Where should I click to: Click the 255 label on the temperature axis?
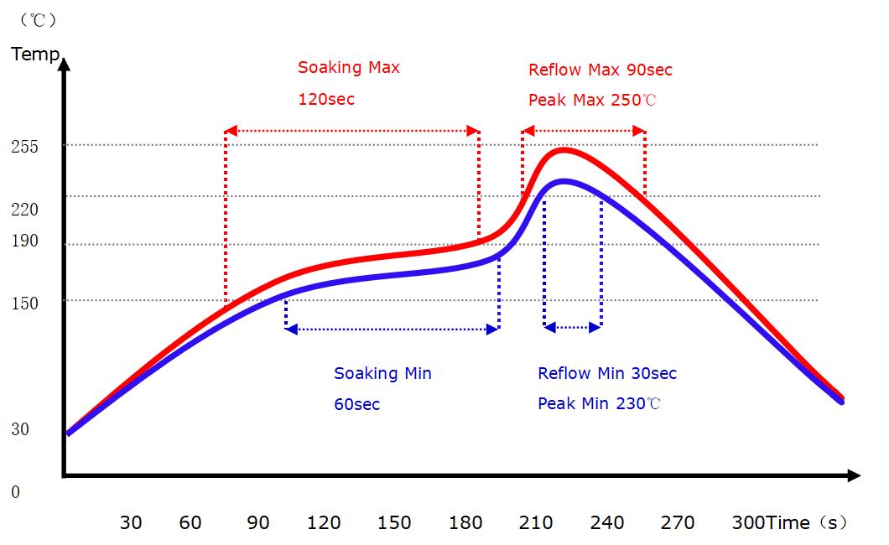(25, 146)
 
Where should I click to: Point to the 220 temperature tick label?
(25, 209)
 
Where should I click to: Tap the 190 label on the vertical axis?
(25, 241)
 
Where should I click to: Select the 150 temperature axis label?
(25, 303)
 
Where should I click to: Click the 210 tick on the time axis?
(536, 522)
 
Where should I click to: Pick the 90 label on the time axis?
(258, 522)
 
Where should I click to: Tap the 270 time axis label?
(678, 522)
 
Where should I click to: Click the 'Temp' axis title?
(35, 55)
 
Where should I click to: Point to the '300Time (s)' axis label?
(788, 522)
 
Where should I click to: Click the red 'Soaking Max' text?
(349, 68)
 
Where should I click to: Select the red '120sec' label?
(326, 99)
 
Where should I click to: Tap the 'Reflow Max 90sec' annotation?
(600, 70)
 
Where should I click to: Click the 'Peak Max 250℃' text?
(593, 101)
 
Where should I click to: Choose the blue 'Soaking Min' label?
(382, 373)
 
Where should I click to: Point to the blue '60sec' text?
(357, 404)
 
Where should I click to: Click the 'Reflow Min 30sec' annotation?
(607, 373)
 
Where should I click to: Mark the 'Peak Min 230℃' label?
(600, 403)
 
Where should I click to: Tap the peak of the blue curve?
(564, 181)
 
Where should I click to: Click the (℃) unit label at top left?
(38, 18)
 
